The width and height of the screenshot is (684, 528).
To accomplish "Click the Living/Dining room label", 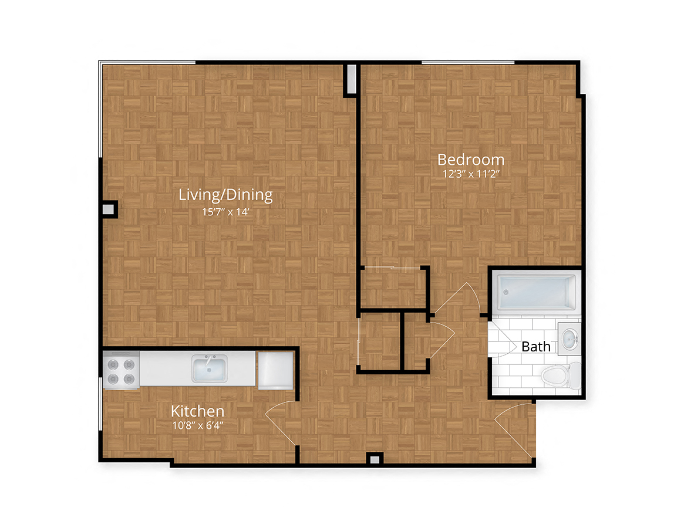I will (x=226, y=195).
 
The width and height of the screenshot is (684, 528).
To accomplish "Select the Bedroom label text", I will (x=471, y=160).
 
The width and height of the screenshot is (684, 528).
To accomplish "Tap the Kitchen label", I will (x=197, y=411).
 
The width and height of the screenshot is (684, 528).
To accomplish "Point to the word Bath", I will (x=536, y=347).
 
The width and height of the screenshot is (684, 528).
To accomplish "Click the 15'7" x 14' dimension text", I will (x=226, y=212).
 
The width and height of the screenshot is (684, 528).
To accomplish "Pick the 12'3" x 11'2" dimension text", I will (x=471, y=174).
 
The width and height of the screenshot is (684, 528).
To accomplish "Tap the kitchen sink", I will (x=210, y=369).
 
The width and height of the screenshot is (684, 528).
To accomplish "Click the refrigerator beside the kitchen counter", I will (x=275, y=370).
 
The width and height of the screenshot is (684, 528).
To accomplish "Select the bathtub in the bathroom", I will (x=534, y=292).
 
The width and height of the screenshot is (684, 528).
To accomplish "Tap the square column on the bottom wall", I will (x=374, y=459).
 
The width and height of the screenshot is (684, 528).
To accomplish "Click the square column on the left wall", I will (x=109, y=209).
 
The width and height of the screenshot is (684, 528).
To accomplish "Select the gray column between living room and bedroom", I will (x=351, y=79).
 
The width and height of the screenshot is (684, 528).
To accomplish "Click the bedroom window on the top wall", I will (x=468, y=62).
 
